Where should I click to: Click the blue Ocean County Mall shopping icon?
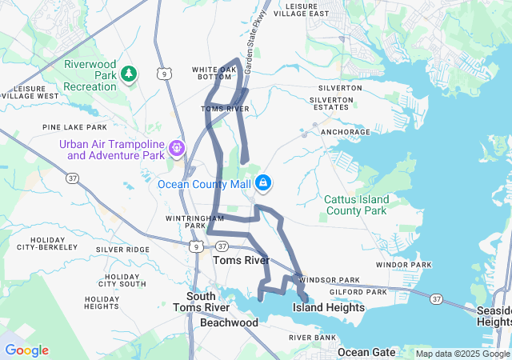click(262, 183)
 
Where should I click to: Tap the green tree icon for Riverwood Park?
click(129, 74)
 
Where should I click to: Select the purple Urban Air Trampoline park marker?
click(176, 148)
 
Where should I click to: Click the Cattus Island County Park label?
click(356, 205)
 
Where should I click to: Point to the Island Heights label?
click(328, 307)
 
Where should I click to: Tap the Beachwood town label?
click(229, 322)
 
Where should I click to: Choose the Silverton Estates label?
click(331, 104)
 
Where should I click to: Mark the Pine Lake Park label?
click(74, 127)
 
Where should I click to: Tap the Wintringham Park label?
click(186, 222)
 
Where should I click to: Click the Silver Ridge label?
click(122, 250)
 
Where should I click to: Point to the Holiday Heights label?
click(102, 302)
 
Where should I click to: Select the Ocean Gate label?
click(365, 352)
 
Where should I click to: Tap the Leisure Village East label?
click(301, 10)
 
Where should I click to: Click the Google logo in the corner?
click(26, 350)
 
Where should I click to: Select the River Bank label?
click(312, 338)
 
